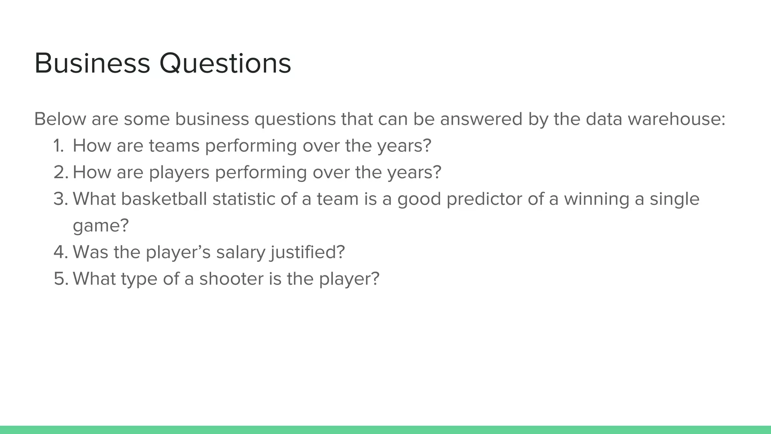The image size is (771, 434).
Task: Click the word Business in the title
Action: [x=92, y=63]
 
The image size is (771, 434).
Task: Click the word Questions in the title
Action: [x=225, y=63]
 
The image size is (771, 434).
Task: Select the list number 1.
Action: [x=58, y=146]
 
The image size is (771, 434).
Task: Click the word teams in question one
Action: [x=174, y=146]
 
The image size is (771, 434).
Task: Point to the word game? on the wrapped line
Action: [x=101, y=226]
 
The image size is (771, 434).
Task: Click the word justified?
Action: [x=307, y=252]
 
